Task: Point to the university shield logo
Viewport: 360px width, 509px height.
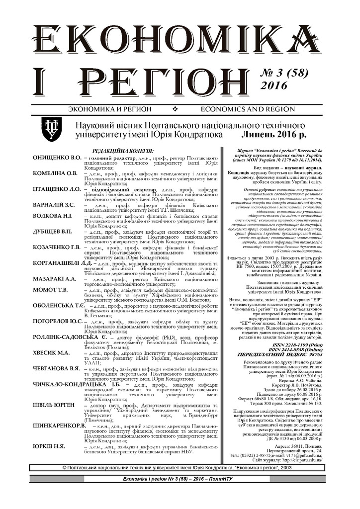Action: click(x=51, y=127)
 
